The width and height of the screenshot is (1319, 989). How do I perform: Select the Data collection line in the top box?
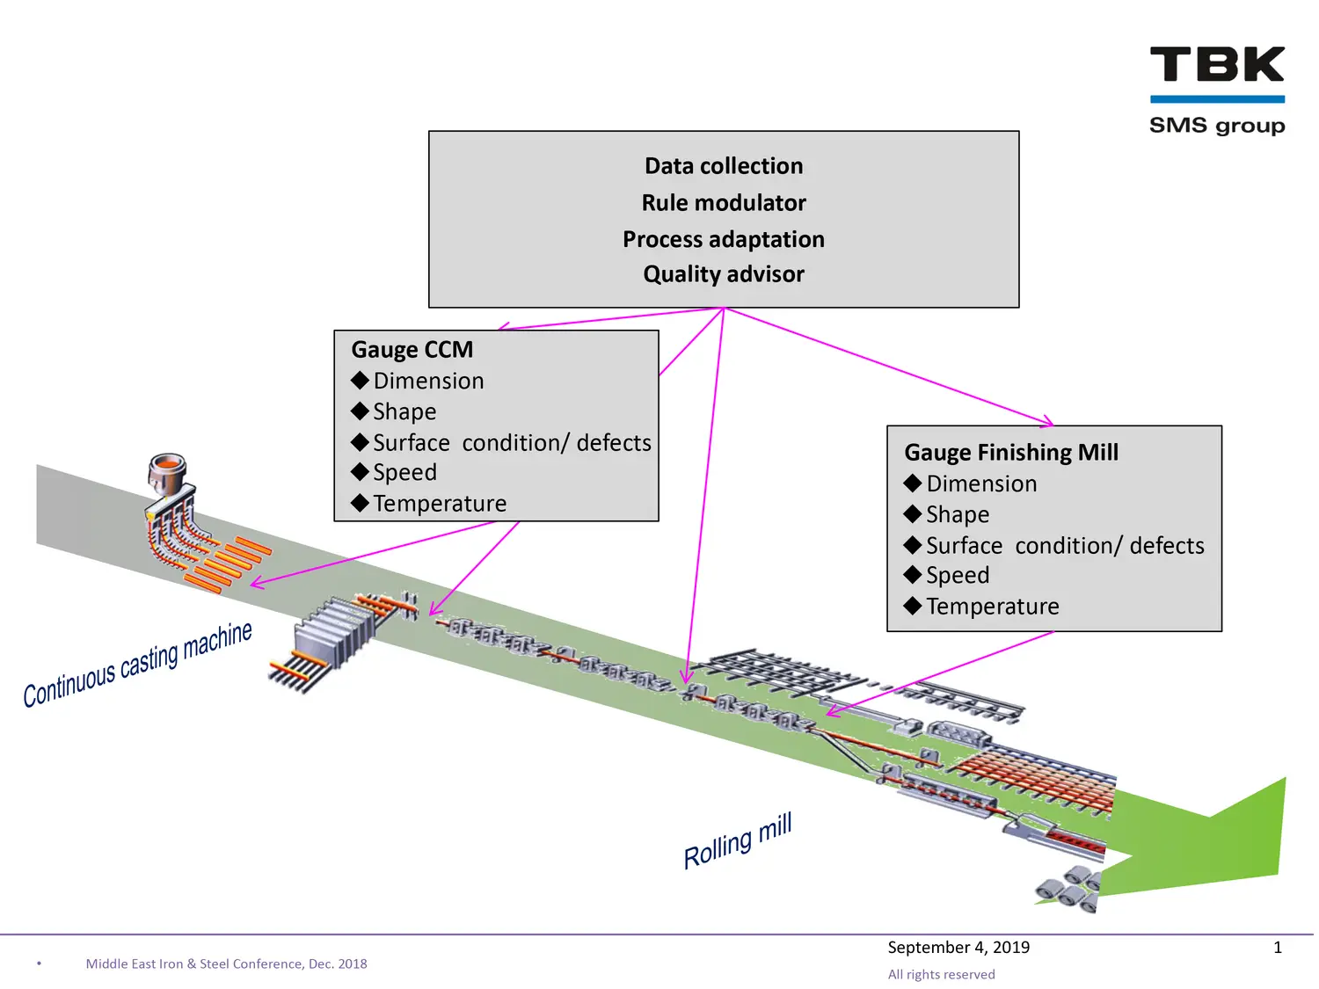point(723,166)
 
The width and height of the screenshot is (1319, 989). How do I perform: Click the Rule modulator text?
point(723,203)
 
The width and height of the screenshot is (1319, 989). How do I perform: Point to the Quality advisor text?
point(723,274)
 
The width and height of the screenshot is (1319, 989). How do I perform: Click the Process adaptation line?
point(723,239)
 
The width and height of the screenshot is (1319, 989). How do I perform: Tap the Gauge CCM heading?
point(412,350)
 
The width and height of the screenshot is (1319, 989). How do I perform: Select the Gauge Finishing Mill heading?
point(1010,453)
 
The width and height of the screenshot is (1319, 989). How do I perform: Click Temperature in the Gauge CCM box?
point(439,504)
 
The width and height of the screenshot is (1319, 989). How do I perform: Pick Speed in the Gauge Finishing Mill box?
point(957,576)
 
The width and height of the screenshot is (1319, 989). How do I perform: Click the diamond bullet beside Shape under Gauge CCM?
point(360,411)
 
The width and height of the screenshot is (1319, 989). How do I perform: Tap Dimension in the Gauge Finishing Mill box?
point(980,484)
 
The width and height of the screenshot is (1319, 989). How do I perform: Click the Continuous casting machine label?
point(137,665)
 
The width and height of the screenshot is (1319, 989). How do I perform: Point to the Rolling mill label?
point(737,841)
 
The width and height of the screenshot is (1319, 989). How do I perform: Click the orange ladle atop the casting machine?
point(167,468)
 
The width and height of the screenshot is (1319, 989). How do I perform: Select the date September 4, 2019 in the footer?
point(958,947)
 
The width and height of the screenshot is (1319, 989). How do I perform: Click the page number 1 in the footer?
point(1277,947)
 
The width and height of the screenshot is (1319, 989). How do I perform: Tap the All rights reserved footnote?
point(941,974)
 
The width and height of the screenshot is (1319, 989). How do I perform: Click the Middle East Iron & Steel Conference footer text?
point(226,964)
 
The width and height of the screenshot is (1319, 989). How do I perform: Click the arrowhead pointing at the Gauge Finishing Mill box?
point(1048,423)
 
